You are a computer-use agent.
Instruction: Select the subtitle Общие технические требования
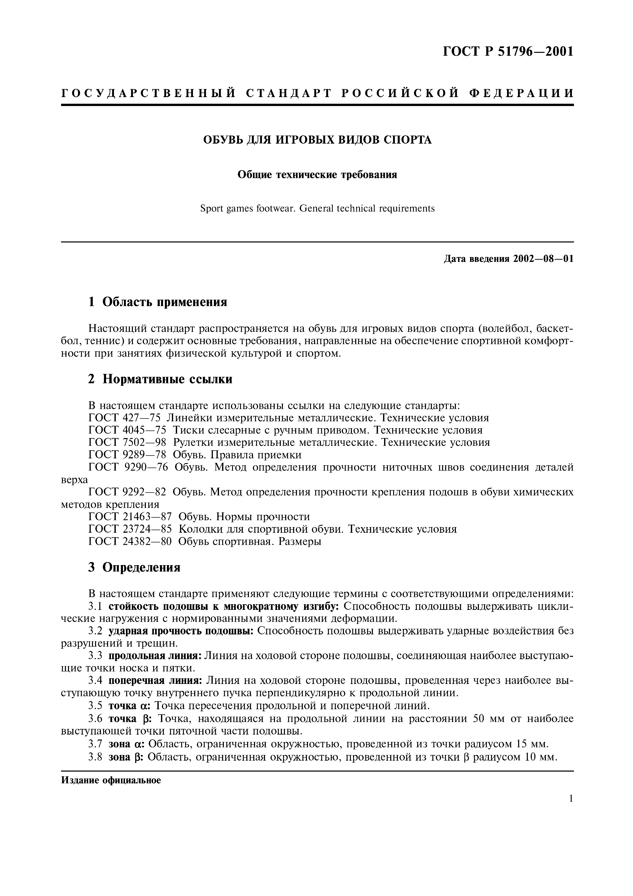317,174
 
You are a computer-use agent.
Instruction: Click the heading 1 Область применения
158,302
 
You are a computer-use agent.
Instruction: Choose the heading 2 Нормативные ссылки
160,379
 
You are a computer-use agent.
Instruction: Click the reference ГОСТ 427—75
124,418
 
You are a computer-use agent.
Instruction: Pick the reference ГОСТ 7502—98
128,443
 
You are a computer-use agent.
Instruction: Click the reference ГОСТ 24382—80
130,541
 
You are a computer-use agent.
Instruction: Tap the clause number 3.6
95,718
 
